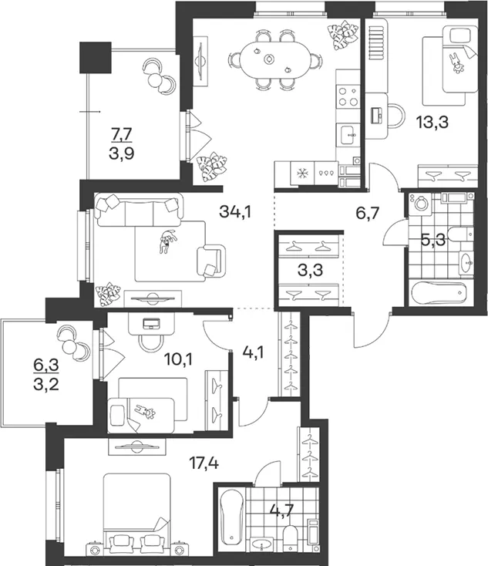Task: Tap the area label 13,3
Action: click(432, 122)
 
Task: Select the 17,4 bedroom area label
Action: click(204, 462)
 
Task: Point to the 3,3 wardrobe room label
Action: click(310, 270)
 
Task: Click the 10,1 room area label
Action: click(178, 359)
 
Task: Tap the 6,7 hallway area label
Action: click(368, 213)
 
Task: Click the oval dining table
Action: click(274, 59)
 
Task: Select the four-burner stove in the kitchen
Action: click(348, 96)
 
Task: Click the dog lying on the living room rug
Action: click(167, 241)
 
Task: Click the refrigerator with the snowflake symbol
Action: click(302, 174)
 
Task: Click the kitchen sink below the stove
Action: click(348, 134)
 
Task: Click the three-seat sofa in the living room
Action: click(139, 211)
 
